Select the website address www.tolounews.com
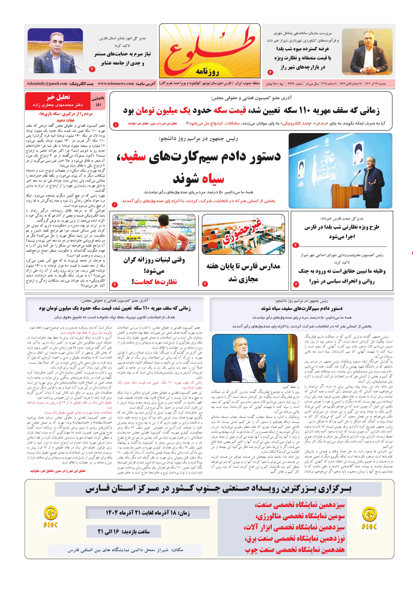point(116,83)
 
